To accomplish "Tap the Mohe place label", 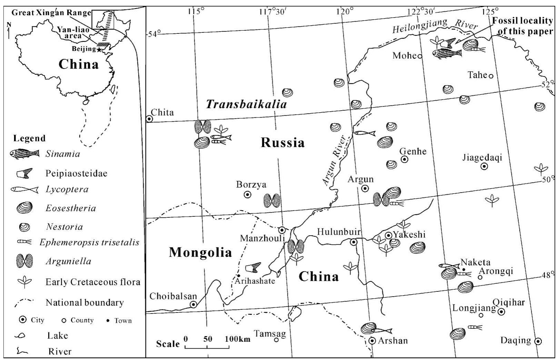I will (x=405, y=55).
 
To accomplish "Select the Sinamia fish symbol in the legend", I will (x=25, y=154).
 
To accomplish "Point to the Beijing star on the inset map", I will (x=99, y=50).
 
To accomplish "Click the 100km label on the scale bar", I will (x=237, y=339).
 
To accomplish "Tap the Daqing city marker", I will (x=538, y=341).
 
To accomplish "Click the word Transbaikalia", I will (x=246, y=104).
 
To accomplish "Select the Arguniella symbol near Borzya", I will (x=272, y=200).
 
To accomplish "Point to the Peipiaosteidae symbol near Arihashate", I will (x=253, y=268).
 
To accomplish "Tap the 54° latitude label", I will (x=154, y=34).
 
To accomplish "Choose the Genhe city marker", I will (x=405, y=159).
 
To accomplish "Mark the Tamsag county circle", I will (x=276, y=340).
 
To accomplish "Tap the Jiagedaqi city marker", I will (x=484, y=166).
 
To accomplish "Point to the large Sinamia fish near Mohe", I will (x=447, y=53).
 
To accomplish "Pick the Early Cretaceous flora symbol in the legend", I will (x=25, y=282).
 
